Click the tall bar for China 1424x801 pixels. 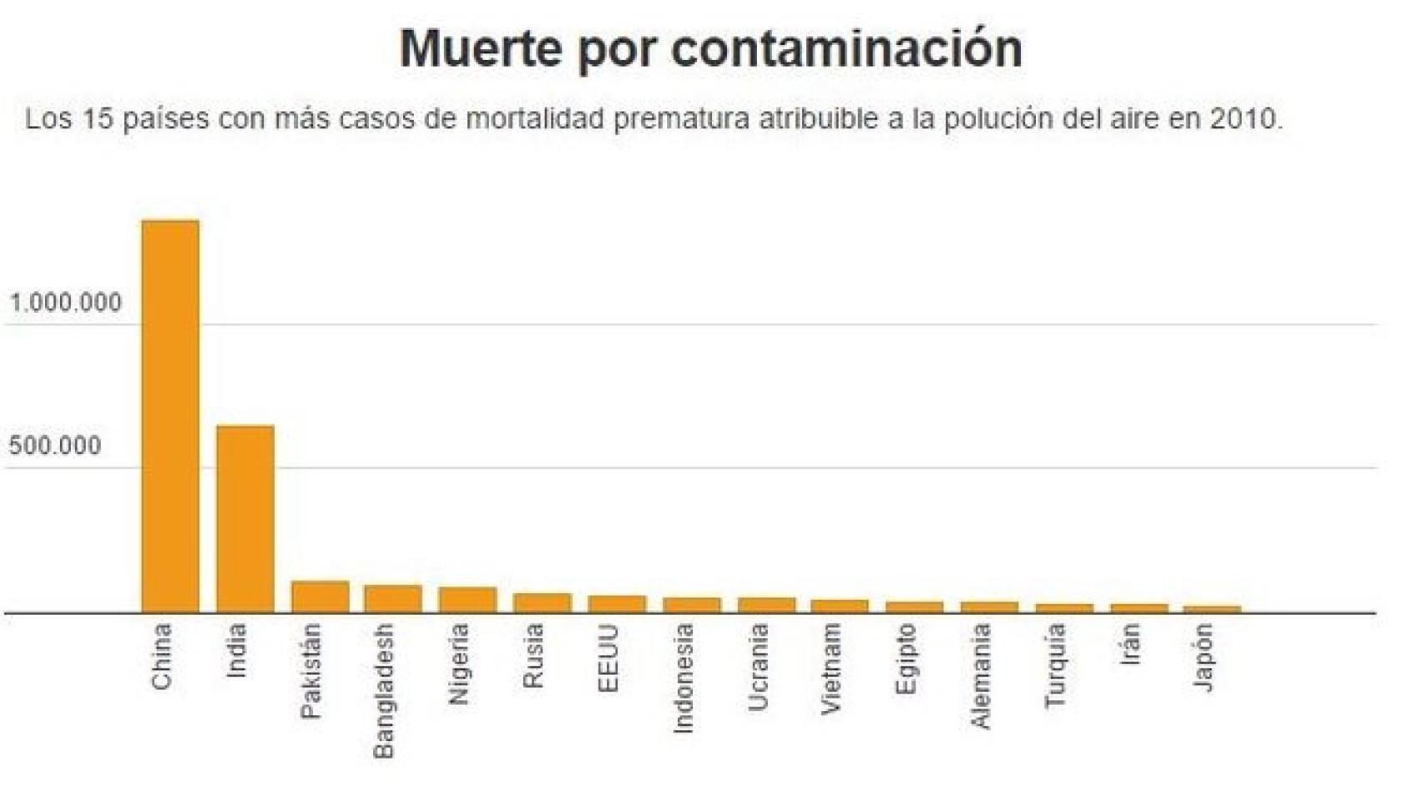pyautogui.click(x=170, y=417)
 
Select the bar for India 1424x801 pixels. pyautogui.click(x=245, y=519)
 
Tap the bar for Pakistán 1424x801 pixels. pyautogui.click(x=320, y=597)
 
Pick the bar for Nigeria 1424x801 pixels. pyautogui.click(x=467, y=600)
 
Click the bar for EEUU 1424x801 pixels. pyautogui.click(x=617, y=604)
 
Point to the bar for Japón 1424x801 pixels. pyautogui.click(x=1213, y=609)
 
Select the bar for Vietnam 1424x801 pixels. pyautogui.click(x=840, y=606)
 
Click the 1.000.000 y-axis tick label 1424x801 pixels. pyautogui.click(x=66, y=303)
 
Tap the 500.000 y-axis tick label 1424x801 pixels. pyautogui.click(x=55, y=446)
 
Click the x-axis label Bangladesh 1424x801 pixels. pyautogui.click(x=384, y=691)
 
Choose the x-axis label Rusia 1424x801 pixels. pyautogui.click(x=533, y=656)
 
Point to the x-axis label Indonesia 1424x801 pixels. pyautogui.click(x=683, y=678)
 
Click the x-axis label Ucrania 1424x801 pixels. pyautogui.click(x=757, y=667)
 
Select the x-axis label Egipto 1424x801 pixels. pyautogui.click(x=906, y=659)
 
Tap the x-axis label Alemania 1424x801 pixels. pyautogui.click(x=981, y=676)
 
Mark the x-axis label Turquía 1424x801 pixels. pyautogui.click(x=1055, y=666)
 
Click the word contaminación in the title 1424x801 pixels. pyautogui.click(x=846, y=48)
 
